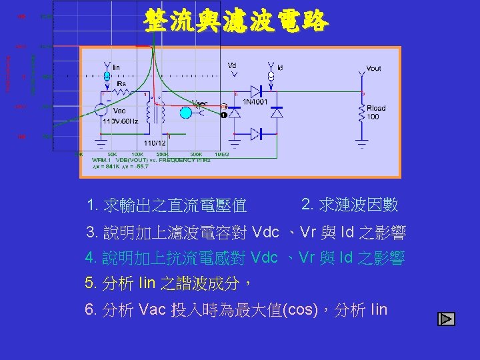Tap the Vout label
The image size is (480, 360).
point(373,69)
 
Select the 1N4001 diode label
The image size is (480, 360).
point(254,102)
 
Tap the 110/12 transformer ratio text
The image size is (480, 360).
point(155,143)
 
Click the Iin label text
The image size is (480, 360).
point(116,67)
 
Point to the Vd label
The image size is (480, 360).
point(231,65)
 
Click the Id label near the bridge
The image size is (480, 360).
point(280,67)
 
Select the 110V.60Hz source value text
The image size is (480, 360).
point(120,121)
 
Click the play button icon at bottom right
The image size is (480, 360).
point(446,319)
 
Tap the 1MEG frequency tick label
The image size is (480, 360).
point(221,155)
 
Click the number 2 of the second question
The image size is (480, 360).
point(305,203)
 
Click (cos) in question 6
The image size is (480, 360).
point(298,310)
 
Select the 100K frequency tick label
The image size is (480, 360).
point(137,155)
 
